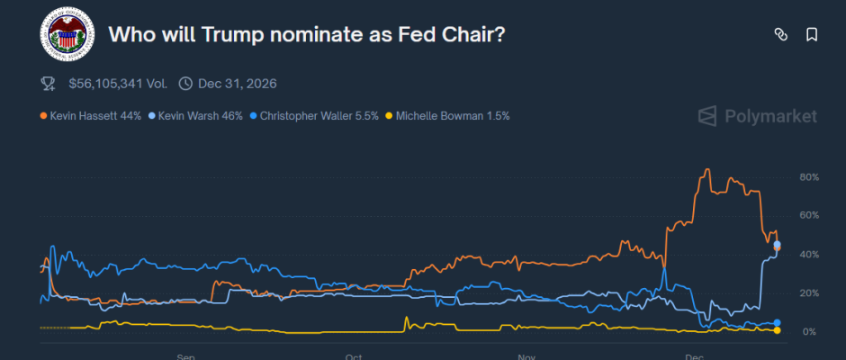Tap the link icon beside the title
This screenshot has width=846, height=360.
point(781,35)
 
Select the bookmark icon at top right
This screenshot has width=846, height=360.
point(812,35)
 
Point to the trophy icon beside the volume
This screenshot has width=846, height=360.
point(49,84)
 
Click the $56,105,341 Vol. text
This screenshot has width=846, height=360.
point(117,84)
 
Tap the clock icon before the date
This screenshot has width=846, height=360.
point(185,84)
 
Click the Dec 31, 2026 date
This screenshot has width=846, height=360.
point(238,84)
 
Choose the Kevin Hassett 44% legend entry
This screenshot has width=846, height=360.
point(91,116)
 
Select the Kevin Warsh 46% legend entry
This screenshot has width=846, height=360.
point(195,116)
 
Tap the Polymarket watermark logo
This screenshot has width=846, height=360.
point(758,116)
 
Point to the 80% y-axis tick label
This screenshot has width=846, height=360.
point(809,177)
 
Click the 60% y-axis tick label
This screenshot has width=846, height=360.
point(809,216)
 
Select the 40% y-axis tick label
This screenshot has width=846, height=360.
point(809,255)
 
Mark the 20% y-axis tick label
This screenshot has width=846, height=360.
point(809,293)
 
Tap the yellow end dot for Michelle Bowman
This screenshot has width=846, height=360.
point(777,330)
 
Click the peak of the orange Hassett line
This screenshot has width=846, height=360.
point(707,169)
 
